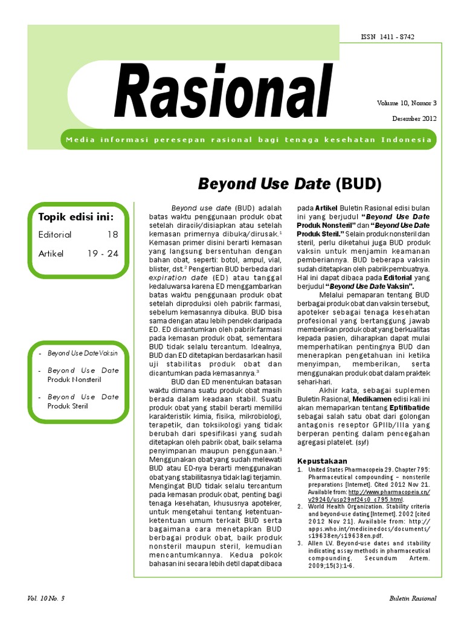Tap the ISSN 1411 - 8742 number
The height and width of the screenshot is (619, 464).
click(387, 37)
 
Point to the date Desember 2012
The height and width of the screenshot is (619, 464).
click(415, 118)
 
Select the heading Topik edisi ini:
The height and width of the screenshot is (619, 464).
click(76, 216)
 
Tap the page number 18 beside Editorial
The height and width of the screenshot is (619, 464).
click(112, 235)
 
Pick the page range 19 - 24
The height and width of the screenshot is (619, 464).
click(103, 254)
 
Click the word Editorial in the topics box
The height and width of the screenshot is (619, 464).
click(55, 235)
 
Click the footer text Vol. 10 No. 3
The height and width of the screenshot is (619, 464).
click(45, 598)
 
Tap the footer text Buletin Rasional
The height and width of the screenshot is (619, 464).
click(413, 598)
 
